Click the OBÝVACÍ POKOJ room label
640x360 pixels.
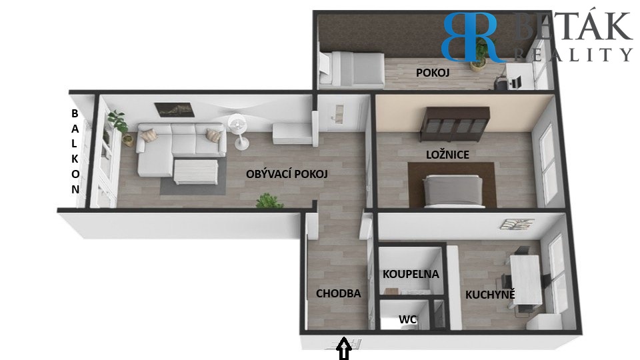pyautogui.click(x=287, y=174)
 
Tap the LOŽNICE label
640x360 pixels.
pyautogui.click(x=447, y=155)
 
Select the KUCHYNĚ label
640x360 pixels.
pyautogui.click(x=490, y=294)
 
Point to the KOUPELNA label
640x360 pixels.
pyautogui.click(x=411, y=274)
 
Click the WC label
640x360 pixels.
pyautogui.click(x=407, y=319)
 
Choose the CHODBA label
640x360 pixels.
pyautogui.click(x=339, y=293)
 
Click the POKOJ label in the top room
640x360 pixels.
pyautogui.click(x=433, y=73)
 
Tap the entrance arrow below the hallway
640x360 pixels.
pyautogui.click(x=344, y=348)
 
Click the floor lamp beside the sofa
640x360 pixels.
pyautogui.click(x=238, y=131)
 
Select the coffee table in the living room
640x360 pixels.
pyautogui.click(x=196, y=172)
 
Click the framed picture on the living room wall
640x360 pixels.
pyautogui.click(x=173, y=109)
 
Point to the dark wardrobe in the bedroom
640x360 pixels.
pyautogui.click(x=455, y=125)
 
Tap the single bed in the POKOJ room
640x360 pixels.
pyautogui.click(x=351, y=69)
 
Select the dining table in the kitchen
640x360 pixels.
pyautogui.click(x=525, y=279)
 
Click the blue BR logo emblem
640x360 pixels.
pyautogui.click(x=469, y=37)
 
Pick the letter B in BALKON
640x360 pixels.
pyautogui.click(x=75, y=113)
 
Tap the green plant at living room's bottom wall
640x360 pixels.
pyautogui.click(x=269, y=201)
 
